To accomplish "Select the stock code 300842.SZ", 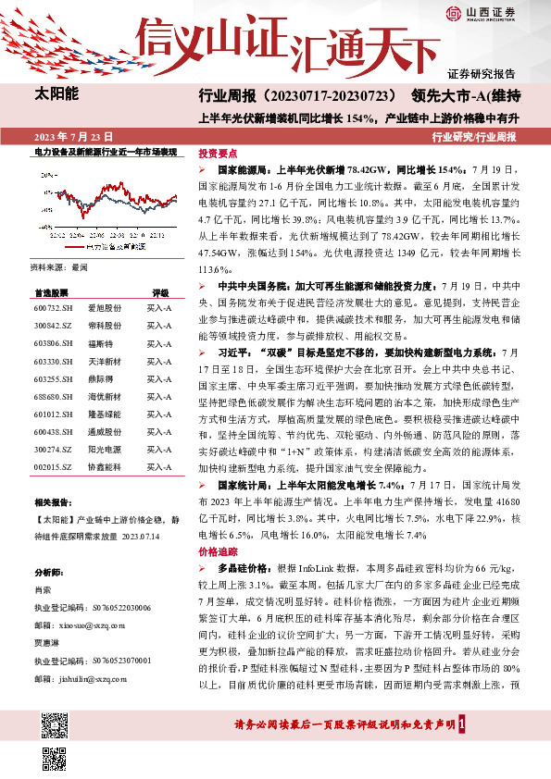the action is pyautogui.click(x=52, y=327).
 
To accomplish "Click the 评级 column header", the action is pyautogui.click(x=159, y=291).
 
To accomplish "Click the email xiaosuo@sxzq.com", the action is pyautogui.click(x=74, y=624).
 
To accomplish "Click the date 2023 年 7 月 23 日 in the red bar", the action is pyautogui.click(x=70, y=137).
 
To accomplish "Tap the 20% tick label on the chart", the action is pyautogui.click(x=46, y=171).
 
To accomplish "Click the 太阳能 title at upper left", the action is pyautogui.click(x=56, y=94).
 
